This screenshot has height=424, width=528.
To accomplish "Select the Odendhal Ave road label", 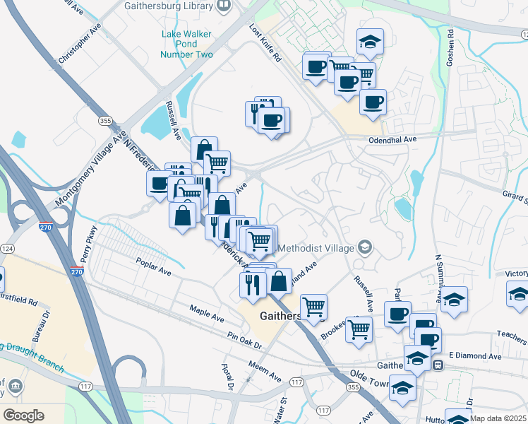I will [x=392, y=140].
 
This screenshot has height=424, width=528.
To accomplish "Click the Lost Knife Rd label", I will [x=265, y=43].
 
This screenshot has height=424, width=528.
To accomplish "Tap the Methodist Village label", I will [x=316, y=248].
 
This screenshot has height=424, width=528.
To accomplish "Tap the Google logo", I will [x=23, y=416].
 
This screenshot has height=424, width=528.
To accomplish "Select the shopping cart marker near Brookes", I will [x=359, y=328].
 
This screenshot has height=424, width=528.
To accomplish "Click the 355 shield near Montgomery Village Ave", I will [x=106, y=122].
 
